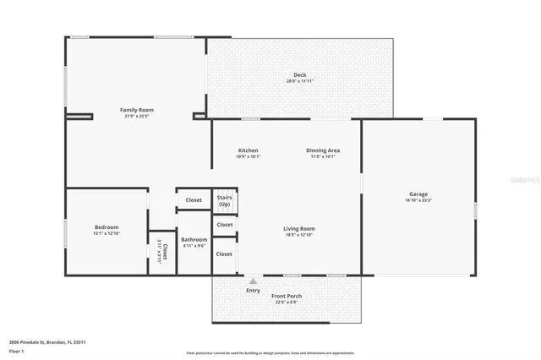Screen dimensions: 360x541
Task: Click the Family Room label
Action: pyautogui.click(x=136, y=110)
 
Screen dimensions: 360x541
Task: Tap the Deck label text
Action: pyautogui.click(x=300, y=75)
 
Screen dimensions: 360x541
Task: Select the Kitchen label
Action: pyautogui.click(x=248, y=150)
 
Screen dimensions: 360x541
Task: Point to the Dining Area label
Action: pyautogui.click(x=323, y=150)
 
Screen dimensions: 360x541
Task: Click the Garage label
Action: pyautogui.click(x=418, y=194)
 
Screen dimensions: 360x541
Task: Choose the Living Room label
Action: pyautogui.click(x=298, y=228)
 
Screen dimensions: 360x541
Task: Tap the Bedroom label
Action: pyautogui.click(x=107, y=226)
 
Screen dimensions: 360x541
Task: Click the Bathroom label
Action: pyautogui.click(x=194, y=239)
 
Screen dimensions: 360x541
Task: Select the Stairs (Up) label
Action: pyautogui.click(x=224, y=201)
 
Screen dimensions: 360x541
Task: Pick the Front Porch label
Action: pyautogui.click(x=287, y=296)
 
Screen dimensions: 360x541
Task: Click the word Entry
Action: pyautogui.click(x=254, y=291)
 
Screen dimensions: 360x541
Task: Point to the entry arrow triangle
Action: pyautogui.click(x=252, y=280)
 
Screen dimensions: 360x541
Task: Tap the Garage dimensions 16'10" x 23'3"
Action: pyautogui.click(x=418, y=200)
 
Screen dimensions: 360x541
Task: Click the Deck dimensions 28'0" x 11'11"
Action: pyautogui.click(x=300, y=81)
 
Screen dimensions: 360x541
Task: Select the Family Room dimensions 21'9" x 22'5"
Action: pyautogui.click(x=136, y=116)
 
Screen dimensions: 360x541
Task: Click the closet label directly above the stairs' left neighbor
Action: pyautogui.click(x=194, y=200)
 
